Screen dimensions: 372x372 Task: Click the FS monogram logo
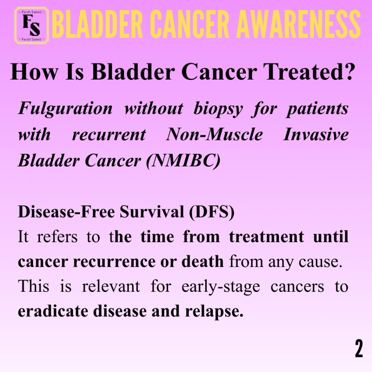click(32, 25)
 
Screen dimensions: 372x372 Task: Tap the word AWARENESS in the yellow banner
click(299, 24)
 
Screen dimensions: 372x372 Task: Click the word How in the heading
click(34, 72)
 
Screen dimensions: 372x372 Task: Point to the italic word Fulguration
click(65, 109)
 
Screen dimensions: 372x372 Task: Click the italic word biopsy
click(218, 109)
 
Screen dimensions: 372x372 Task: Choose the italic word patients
click(318, 109)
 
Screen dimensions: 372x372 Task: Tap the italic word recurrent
click(109, 135)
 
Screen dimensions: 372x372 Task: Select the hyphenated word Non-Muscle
click(214, 134)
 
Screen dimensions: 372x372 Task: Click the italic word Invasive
click(316, 134)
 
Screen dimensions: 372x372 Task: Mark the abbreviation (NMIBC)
click(183, 161)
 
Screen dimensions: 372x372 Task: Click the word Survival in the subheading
click(152, 211)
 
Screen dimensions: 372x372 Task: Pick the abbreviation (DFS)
click(212, 212)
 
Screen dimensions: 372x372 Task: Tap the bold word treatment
click(266, 236)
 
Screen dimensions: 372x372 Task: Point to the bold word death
click(203, 261)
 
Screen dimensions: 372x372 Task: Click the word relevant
click(111, 286)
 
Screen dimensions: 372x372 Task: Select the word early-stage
click(221, 287)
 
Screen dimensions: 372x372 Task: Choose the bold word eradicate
click(53, 311)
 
